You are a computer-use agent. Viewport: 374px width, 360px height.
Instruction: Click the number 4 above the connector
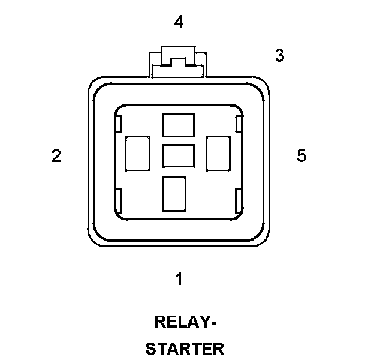pos(179,23)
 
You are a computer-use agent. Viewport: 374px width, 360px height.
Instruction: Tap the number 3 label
pos(279,55)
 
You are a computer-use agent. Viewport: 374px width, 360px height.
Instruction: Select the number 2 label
pos(56,156)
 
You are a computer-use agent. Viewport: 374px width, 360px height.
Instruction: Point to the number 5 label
pos(301,155)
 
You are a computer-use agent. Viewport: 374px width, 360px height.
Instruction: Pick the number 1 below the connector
pos(179,278)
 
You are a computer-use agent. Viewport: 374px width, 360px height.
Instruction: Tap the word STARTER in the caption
pos(185,349)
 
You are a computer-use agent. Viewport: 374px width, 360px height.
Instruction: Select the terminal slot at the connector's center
pos(178,156)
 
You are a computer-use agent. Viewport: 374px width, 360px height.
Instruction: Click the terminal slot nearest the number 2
pos(137,153)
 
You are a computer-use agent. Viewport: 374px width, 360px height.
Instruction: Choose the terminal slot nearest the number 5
pos(218,153)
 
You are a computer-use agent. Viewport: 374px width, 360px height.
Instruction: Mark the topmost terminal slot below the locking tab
pos(178,125)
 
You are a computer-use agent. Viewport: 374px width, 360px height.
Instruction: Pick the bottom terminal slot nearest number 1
pos(174,193)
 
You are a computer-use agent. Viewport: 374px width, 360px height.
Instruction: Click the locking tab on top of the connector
pos(178,62)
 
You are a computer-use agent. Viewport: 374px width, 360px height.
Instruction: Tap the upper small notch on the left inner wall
pos(119,125)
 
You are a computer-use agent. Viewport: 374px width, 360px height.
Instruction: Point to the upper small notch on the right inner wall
pos(239,125)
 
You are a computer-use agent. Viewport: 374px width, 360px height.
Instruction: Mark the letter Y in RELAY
pos(203,322)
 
